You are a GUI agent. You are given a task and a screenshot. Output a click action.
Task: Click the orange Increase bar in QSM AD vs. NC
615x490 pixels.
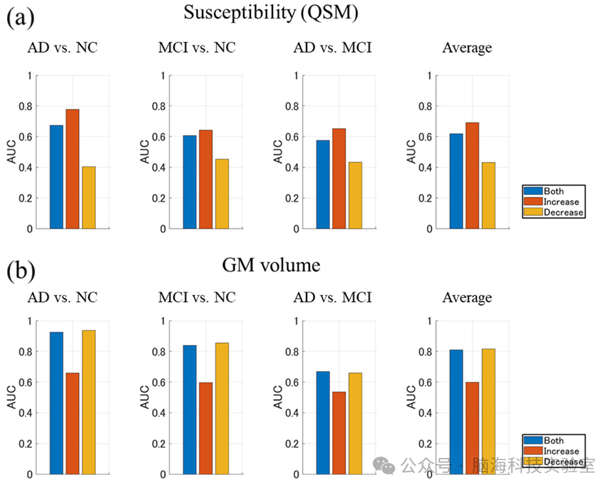73,169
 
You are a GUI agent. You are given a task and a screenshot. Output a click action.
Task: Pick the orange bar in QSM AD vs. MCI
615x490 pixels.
339,179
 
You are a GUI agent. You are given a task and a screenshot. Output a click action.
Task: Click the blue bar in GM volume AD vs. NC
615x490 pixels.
56,403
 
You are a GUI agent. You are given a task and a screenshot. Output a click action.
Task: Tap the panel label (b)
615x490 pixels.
20,270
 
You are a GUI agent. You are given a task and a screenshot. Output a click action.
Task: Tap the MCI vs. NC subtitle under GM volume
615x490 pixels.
197,297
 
